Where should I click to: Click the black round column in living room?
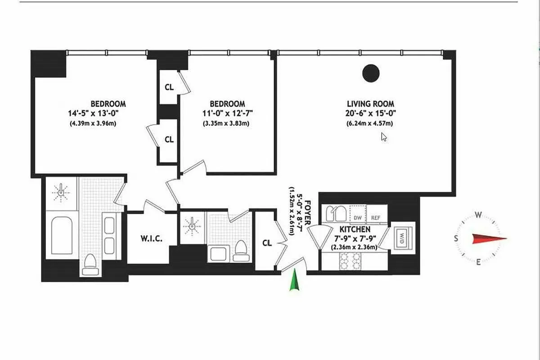371,73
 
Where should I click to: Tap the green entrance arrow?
294,280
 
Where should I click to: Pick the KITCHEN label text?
355,229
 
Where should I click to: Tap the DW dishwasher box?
358,218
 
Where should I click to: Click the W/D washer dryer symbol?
400,238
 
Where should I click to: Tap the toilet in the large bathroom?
90,264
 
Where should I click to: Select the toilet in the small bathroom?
241,250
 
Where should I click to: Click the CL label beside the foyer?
267,243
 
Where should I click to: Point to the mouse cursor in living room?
383,137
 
